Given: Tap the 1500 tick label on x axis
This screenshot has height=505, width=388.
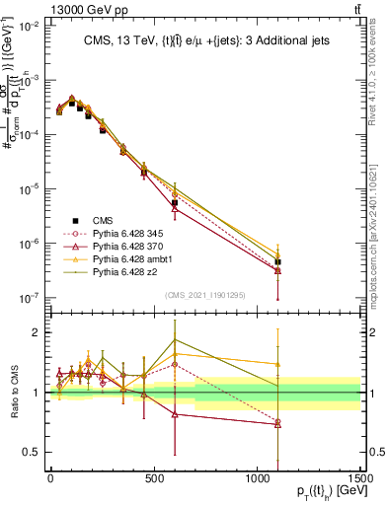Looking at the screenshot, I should pos(359,477).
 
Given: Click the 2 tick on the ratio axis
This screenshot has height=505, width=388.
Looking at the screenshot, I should pos(39,332).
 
